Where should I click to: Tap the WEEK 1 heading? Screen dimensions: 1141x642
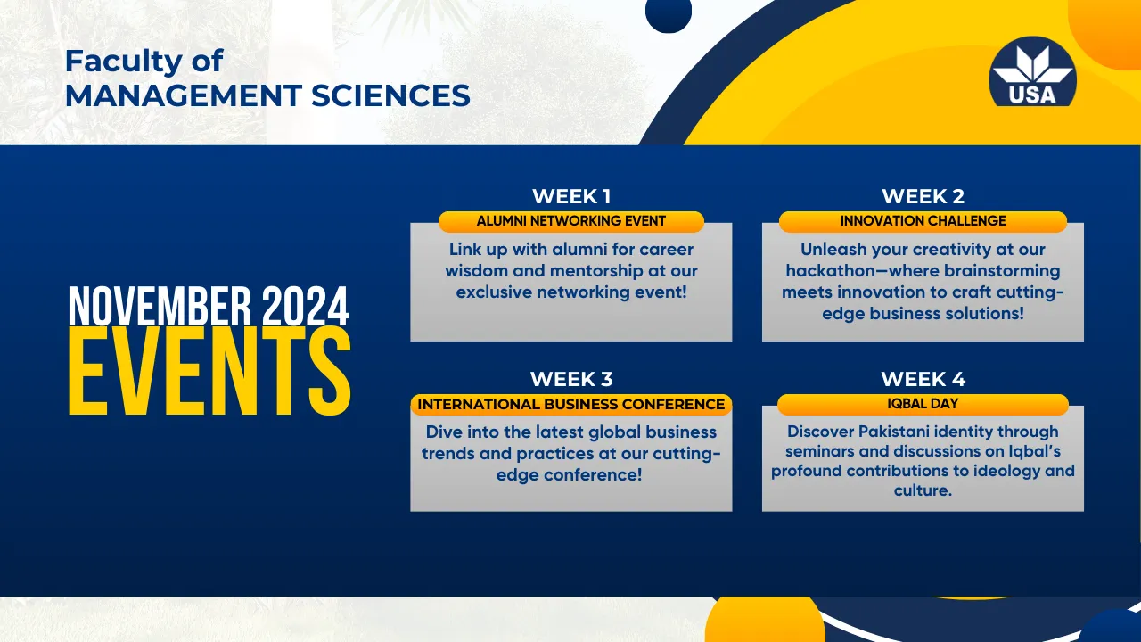(571, 196)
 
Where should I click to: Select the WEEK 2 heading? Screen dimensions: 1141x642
(923, 196)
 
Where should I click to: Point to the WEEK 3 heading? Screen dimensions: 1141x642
(571, 379)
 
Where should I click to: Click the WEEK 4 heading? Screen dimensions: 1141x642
(923, 379)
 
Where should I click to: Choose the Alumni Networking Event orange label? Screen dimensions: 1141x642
(571, 221)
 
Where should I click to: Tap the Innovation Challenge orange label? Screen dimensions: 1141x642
(923, 221)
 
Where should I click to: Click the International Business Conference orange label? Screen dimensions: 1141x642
(571, 404)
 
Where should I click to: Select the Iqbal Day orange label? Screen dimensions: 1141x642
(923, 404)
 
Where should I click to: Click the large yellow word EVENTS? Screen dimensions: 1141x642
(209, 371)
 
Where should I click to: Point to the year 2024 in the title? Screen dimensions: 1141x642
(306, 307)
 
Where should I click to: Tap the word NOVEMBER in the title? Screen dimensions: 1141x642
(160, 307)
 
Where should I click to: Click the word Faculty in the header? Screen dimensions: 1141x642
(124, 62)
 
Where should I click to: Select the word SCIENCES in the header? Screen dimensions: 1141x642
(390, 95)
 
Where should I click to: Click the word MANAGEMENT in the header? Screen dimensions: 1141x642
(184, 95)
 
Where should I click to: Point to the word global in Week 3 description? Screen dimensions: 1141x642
(615, 432)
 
